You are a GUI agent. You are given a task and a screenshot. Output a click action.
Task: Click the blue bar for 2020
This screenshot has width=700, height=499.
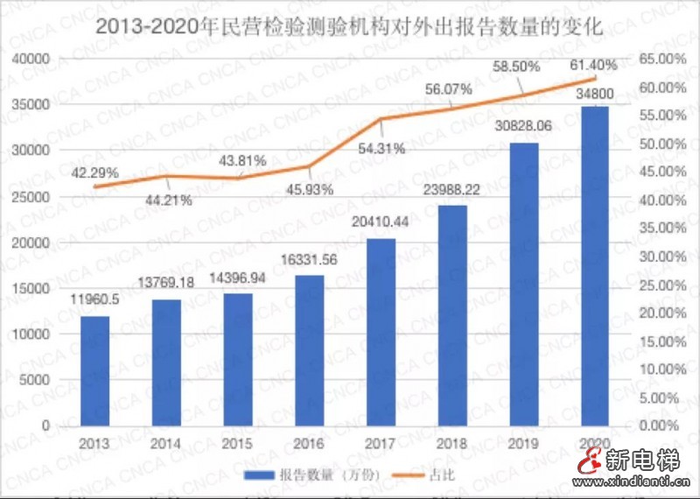596,265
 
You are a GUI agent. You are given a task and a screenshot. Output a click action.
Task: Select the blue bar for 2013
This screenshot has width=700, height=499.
94,369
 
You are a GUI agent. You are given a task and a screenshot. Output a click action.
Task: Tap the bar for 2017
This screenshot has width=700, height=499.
381,331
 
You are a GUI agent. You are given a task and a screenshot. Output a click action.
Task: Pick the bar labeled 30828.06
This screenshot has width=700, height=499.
524,284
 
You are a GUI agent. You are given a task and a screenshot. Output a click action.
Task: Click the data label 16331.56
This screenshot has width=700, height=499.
310,260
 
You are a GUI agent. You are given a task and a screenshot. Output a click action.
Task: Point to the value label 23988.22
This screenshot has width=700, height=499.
452,190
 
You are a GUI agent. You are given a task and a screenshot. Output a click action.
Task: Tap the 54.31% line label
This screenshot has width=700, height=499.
381,149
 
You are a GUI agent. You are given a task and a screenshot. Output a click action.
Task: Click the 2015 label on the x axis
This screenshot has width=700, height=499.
237,443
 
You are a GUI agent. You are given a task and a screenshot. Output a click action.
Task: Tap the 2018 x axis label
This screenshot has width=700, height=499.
452,443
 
